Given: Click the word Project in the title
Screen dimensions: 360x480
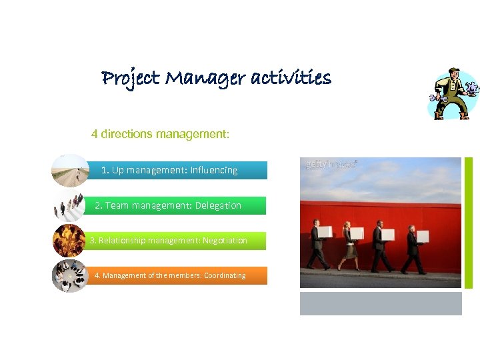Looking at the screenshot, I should click(x=130, y=79).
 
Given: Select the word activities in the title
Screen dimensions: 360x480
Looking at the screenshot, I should click(x=291, y=79).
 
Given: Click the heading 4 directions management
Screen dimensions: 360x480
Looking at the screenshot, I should click(x=160, y=134).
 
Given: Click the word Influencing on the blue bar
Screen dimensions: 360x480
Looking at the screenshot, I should click(x=213, y=170).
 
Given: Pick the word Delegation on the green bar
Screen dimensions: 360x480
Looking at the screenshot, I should click(x=218, y=205).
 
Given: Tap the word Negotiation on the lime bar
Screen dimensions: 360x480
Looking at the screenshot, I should click(x=225, y=241).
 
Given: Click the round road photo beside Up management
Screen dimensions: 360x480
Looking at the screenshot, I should click(x=71, y=170).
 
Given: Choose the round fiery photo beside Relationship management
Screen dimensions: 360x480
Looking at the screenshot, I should click(x=69, y=241).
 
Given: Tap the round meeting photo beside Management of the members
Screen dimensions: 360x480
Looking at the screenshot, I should click(x=70, y=275).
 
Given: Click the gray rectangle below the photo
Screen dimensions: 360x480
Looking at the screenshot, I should click(x=381, y=303).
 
